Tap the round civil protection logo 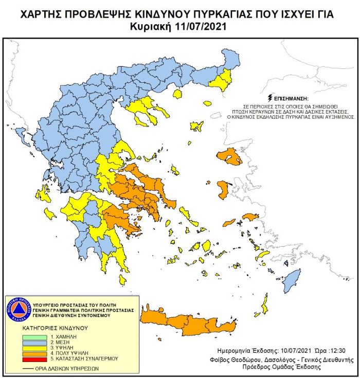point(19,309)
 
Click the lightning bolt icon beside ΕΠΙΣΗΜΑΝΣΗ point(270,97)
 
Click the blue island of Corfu point(22,136)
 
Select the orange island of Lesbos point(229,157)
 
